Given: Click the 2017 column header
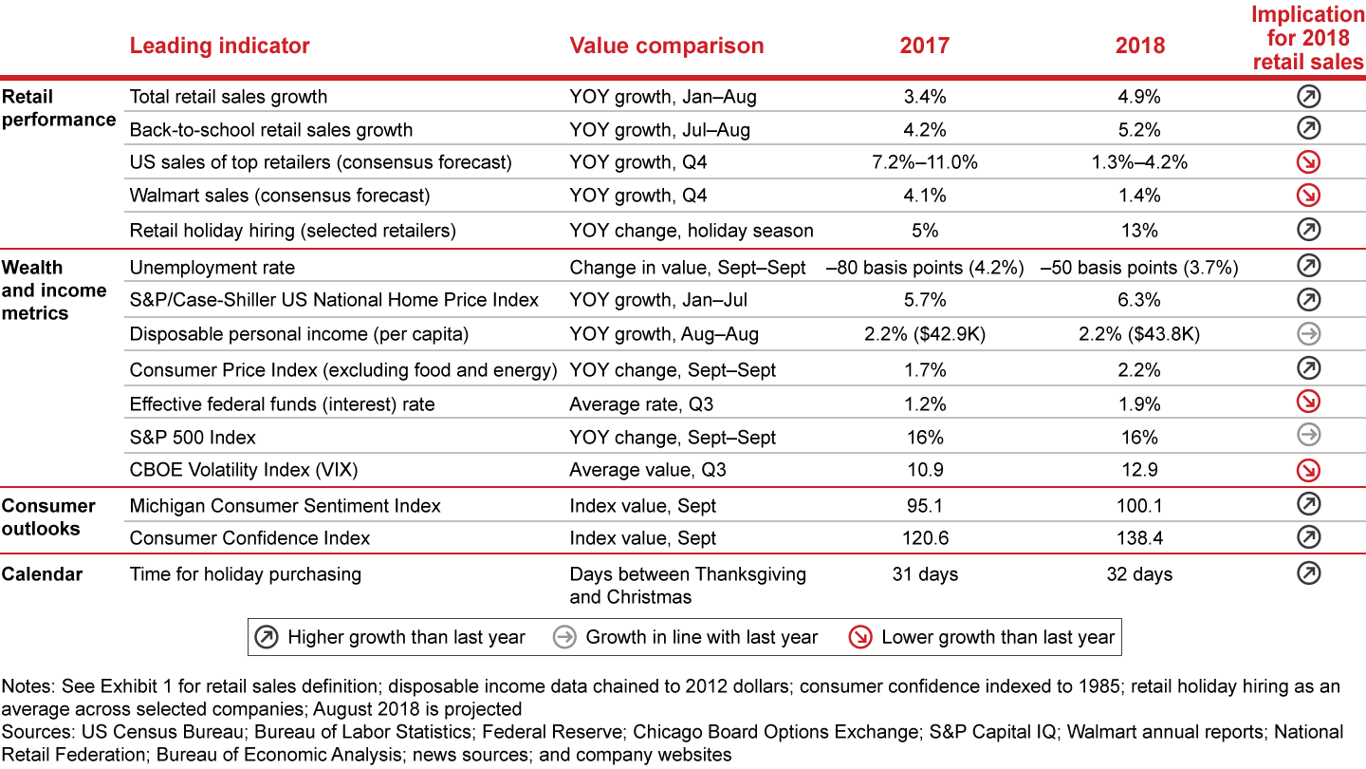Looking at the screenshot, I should point(925,46).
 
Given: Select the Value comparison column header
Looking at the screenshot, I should point(666,46).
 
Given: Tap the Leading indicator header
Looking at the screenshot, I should point(219,46).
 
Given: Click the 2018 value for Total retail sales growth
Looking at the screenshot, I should point(1139,97).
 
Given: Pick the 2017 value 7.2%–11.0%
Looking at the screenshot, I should point(925,162).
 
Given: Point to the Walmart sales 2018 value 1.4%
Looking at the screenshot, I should point(1139,196).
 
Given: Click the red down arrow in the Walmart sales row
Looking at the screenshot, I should point(1309,196).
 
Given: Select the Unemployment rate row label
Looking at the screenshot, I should point(212,268).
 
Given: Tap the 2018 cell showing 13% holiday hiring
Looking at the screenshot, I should point(1139,230).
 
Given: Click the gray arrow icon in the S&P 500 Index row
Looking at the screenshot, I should point(1309,436).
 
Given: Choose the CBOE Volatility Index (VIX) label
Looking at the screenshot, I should point(244,470).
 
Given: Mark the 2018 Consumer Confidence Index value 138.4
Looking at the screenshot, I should point(1139,538).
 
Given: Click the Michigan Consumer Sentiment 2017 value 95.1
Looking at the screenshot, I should point(925,506).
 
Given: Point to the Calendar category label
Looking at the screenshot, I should point(42,573).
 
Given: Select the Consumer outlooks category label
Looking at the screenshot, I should point(48,516).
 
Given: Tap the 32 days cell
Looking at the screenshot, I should point(1139,574).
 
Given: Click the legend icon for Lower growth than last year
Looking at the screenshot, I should point(860,637).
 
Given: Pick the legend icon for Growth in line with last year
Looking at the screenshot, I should point(564,637).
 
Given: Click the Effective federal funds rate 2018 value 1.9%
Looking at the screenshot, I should point(1139,404).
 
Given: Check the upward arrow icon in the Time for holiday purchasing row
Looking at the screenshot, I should point(1309,573).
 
